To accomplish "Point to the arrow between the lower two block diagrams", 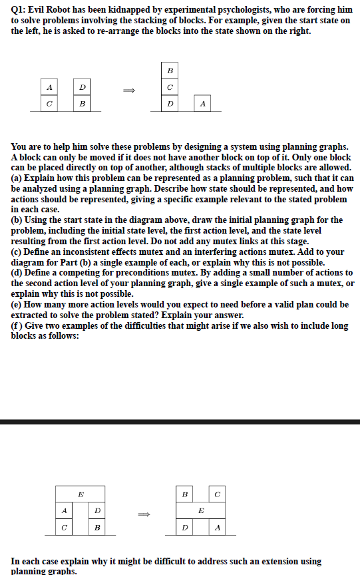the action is tap(144, 514).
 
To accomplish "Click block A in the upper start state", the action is tap(49, 87).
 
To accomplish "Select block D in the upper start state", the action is tap(82, 87).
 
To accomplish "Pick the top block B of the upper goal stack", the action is tap(170, 71).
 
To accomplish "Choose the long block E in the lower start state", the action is tap(81, 494).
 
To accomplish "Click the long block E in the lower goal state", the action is tap(201, 510).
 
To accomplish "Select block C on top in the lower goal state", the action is tap(217, 494).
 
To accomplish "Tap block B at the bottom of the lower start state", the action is tap(97, 527).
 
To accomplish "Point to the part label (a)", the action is tap(17, 178).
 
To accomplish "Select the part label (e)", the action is tap(17, 304).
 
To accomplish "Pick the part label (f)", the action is tap(17, 325).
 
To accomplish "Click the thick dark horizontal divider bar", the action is tap(180, 421).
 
